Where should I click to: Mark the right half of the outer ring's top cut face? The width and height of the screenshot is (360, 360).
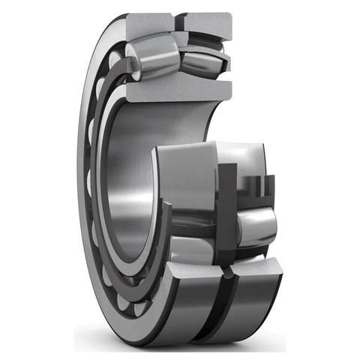tap(207, 23)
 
